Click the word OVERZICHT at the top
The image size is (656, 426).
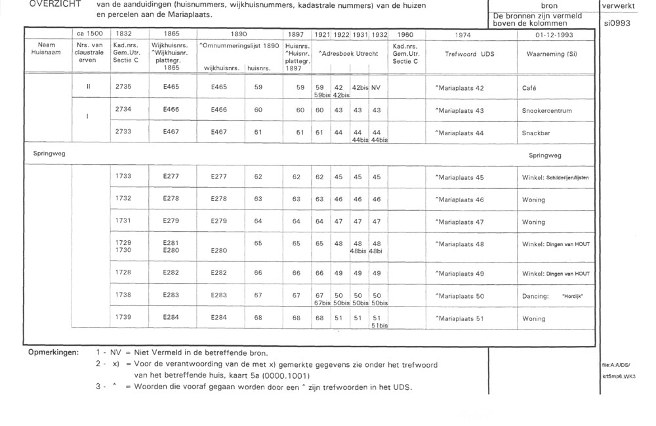click(x=47, y=5)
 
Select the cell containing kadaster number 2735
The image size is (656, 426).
click(x=123, y=87)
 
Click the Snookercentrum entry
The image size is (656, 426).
click(x=545, y=110)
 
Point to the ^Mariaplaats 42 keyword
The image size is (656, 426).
click(x=460, y=87)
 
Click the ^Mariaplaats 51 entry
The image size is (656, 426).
click(x=460, y=319)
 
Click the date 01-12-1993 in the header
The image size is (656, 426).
click(x=555, y=33)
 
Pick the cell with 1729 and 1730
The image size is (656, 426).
click(x=123, y=246)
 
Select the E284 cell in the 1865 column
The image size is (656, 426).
click(x=172, y=318)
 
